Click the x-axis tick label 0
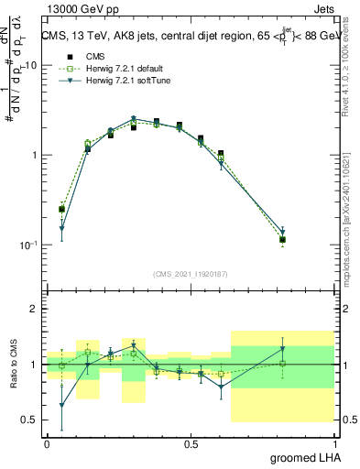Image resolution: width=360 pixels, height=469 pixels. click(x=47, y=443)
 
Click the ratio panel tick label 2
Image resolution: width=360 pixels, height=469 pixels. click(x=35, y=310)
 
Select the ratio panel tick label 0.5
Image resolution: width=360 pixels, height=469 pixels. click(x=29, y=420)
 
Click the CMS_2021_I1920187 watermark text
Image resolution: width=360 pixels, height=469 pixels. click(x=190, y=275)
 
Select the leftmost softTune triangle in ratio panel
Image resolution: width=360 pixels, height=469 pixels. click(x=61, y=405)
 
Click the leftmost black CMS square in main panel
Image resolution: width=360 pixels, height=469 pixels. click(x=61, y=209)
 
